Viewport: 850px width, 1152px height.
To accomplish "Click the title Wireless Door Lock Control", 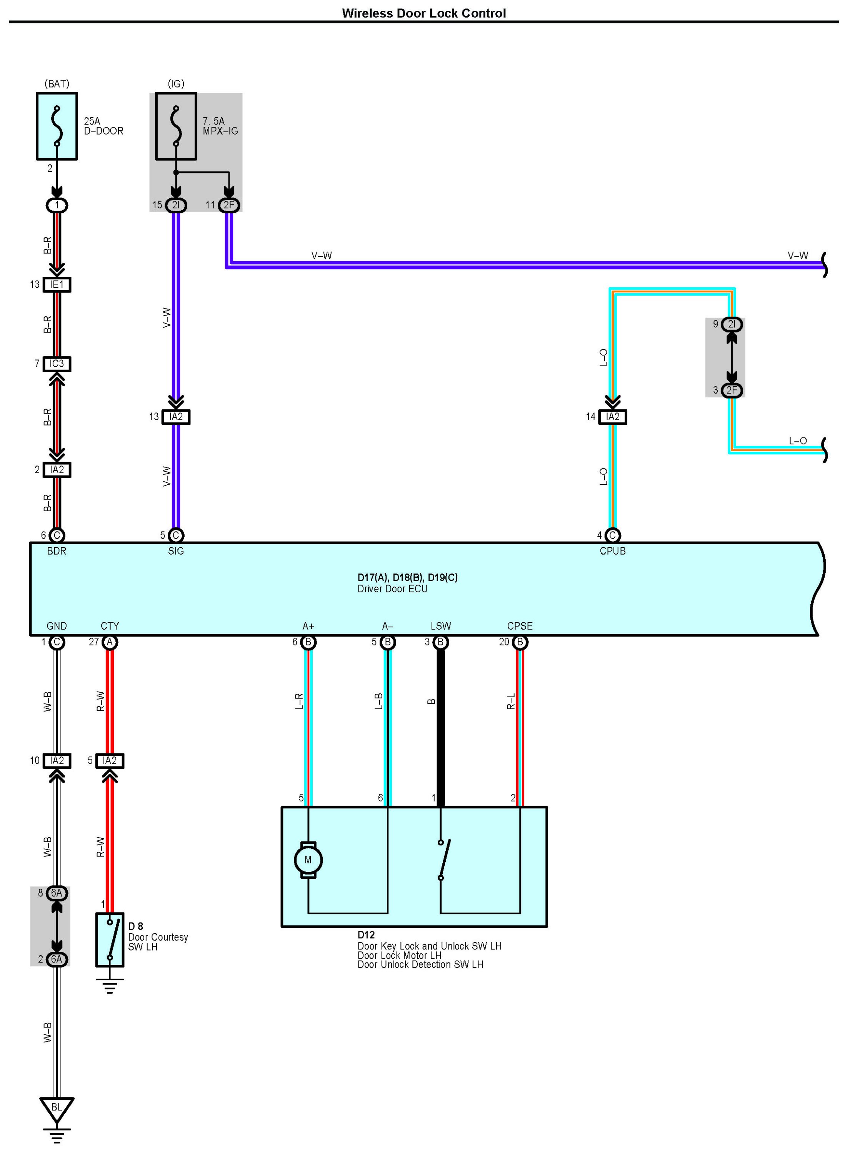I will (x=423, y=13).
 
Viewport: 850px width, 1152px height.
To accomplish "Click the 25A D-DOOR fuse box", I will (x=57, y=126).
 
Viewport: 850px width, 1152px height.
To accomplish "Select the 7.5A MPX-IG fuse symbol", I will (x=176, y=126).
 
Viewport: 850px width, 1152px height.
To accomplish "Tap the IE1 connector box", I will (x=57, y=284).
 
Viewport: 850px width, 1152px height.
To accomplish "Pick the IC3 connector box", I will (x=57, y=364).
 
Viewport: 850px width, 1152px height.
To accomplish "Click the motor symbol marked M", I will (x=308, y=860).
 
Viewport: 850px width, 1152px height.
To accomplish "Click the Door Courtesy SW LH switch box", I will (x=110, y=939).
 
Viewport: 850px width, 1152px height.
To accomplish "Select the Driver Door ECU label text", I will (x=393, y=589).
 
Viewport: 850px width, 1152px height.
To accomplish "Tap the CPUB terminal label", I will (x=612, y=551).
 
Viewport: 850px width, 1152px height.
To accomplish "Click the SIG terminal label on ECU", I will (x=176, y=551).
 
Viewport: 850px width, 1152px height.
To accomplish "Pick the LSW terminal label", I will (x=440, y=626).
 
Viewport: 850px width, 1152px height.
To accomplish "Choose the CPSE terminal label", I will (x=520, y=626).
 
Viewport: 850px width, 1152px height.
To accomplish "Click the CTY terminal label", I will (x=110, y=626).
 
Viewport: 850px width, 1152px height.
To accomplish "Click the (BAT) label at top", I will (x=57, y=83).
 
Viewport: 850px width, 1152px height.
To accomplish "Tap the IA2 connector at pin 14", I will (x=612, y=417).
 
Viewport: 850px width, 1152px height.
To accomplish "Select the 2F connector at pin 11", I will (x=228, y=205).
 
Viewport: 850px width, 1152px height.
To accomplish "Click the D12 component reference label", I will (x=366, y=934).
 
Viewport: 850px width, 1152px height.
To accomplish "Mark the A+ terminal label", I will (x=308, y=626).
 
